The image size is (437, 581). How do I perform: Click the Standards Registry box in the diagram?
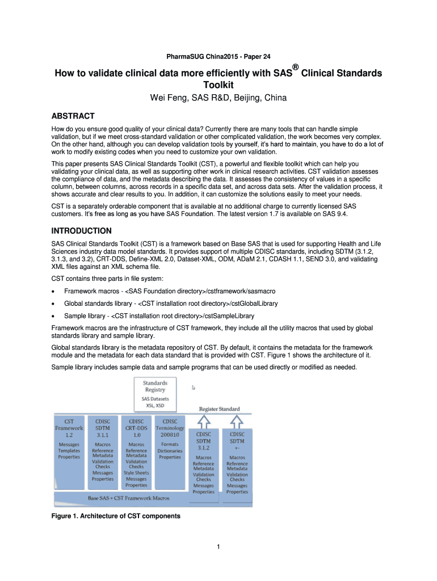point(155,394)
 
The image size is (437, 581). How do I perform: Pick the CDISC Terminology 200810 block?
point(170,448)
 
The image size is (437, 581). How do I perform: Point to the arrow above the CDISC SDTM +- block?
point(237,422)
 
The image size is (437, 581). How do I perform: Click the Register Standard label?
point(219,409)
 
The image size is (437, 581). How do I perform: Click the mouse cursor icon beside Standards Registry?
point(194,388)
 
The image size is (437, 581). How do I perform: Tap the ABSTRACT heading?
point(73,116)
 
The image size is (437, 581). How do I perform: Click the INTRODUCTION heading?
point(81,231)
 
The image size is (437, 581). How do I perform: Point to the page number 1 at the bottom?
point(218,547)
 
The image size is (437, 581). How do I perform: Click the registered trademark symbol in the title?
point(295,67)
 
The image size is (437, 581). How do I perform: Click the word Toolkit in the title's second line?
point(218,85)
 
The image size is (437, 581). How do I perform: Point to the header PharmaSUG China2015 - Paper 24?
point(218,56)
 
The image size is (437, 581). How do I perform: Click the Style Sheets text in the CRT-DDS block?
point(136,473)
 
